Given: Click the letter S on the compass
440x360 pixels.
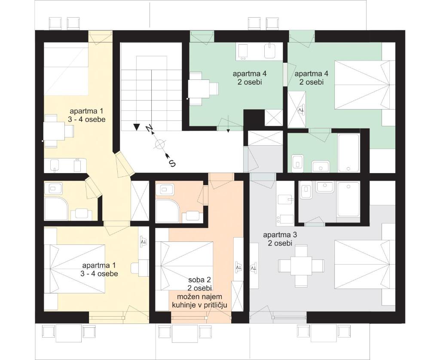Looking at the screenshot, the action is [x=172, y=163].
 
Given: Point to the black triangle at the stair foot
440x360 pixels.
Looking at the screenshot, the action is [x=137, y=127].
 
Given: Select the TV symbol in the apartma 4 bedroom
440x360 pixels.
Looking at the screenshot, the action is [x=301, y=110].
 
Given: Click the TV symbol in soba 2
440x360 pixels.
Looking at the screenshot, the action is [x=238, y=267].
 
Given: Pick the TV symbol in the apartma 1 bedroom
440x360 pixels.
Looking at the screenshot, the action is [x=144, y=241].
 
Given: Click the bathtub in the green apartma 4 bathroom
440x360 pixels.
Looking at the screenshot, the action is [x=349, y=153].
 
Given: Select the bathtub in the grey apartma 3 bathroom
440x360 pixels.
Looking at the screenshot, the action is [x=348, y=199].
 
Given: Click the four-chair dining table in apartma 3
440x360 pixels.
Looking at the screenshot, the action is [x=301, y=265].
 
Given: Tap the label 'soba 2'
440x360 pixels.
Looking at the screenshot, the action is [x=199, y=280].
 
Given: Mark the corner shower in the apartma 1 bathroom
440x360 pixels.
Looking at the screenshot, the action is [x=56, y=210].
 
